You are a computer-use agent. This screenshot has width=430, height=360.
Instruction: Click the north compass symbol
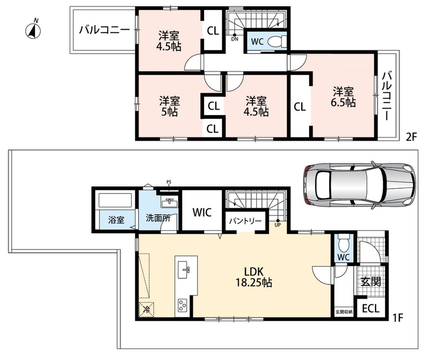33,30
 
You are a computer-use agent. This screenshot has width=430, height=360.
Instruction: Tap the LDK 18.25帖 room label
254,277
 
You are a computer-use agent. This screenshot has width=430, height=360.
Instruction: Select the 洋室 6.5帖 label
343,97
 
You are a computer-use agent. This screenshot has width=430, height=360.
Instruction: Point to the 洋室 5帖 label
169,106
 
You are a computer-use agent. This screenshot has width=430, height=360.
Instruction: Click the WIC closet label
202,212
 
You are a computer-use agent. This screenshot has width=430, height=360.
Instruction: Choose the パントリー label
246,221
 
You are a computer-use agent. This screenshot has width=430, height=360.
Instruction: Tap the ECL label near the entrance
371,309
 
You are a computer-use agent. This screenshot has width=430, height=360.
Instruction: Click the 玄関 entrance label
371,281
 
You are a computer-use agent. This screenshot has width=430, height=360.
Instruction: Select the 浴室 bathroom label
116,220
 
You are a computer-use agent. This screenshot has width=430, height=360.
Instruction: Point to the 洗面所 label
158,218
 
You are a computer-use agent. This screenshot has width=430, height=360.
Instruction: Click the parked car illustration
359,185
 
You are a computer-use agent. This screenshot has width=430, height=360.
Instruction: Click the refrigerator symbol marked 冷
146,310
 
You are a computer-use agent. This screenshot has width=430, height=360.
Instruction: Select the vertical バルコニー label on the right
387,96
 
